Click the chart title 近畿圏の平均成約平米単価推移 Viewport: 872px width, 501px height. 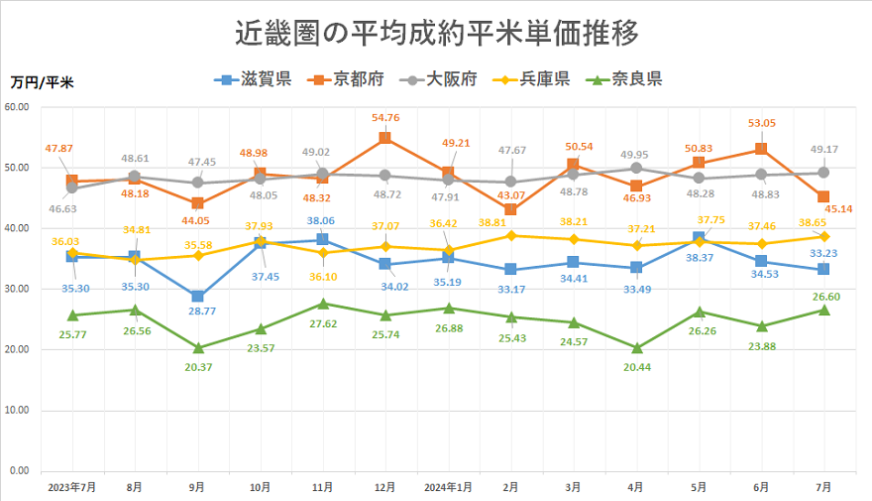click(436, 33)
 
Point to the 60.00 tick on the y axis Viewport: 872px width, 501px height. click(19, 107)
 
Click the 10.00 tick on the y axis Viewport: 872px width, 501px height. click(19, 410)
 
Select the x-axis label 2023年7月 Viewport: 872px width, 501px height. click(71, 487)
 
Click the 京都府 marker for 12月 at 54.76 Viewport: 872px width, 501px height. click(385, 138)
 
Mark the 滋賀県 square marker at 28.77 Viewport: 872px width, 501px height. click(198, 296)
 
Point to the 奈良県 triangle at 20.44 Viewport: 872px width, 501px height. click(637, 347)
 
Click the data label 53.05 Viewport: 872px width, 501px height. click(761, 124)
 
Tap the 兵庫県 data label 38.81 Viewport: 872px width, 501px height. click(511, 221)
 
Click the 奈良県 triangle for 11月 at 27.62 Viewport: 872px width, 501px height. click(323, 304)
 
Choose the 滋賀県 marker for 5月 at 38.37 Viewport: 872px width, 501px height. click(700, 238)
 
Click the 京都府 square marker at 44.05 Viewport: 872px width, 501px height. click(198, 203)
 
